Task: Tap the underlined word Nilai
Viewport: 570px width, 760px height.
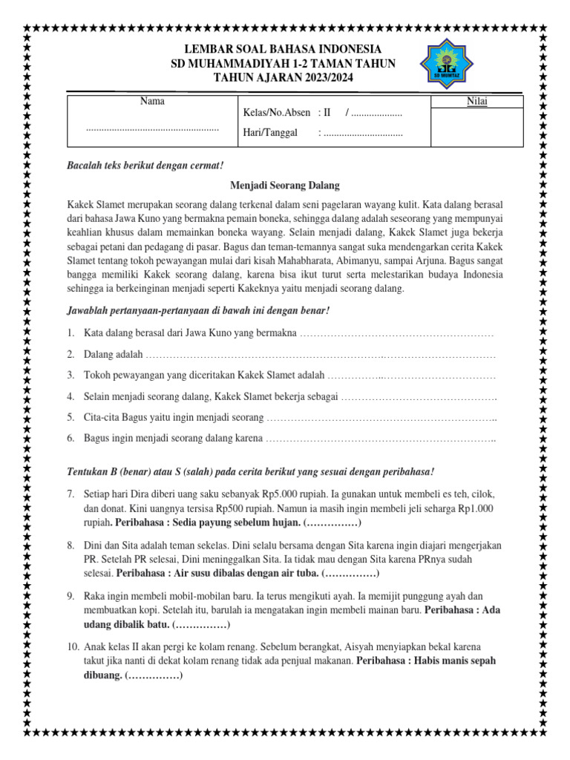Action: click(476, 102)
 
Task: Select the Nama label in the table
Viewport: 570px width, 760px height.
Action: click(152, 101)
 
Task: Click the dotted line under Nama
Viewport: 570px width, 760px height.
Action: click(152, 129)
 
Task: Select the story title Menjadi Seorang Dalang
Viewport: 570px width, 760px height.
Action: click(284, 185)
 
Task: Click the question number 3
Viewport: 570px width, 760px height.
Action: click(70, 375)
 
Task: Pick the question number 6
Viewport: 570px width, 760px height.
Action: click(70, 439)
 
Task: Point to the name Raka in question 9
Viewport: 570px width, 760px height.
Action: click(95, 595)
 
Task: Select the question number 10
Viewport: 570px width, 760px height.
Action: click(72, 646)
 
